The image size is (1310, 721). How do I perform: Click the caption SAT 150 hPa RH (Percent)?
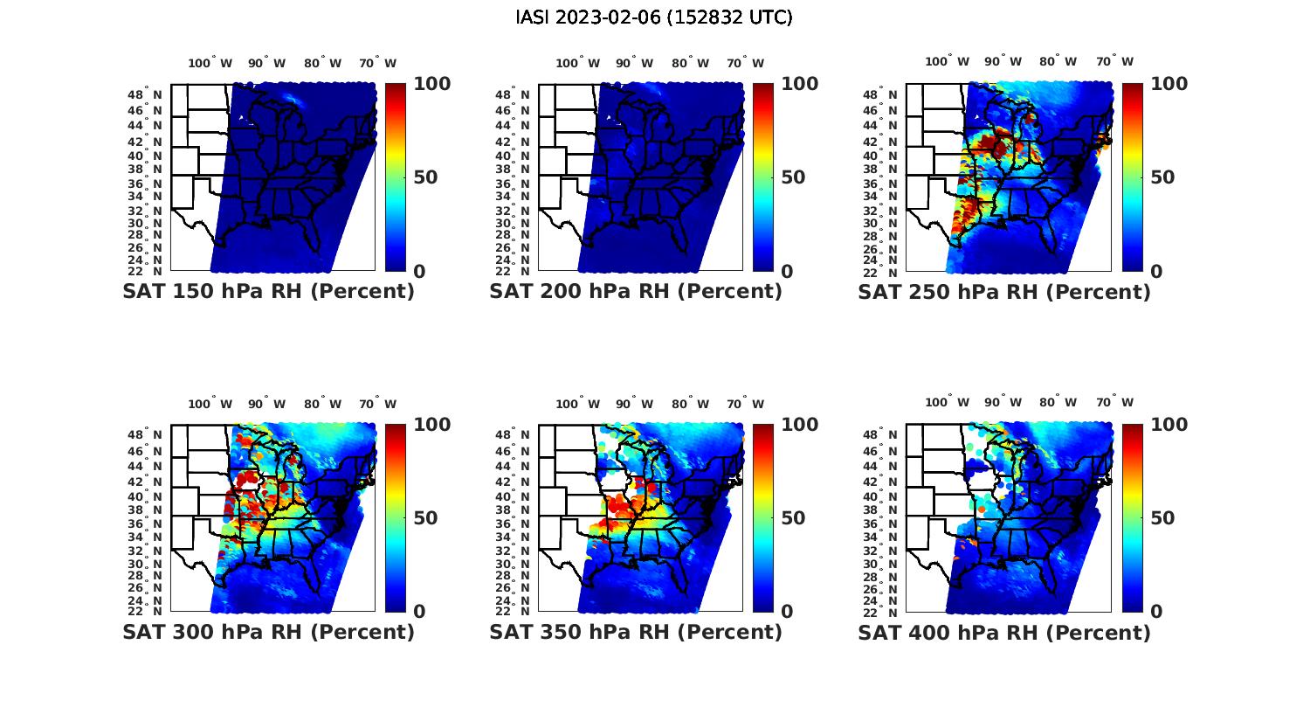click(269, 292)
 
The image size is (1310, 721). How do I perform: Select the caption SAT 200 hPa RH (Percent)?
click(636, 292)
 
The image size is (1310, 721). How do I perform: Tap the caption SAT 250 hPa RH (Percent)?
click(1004, 292)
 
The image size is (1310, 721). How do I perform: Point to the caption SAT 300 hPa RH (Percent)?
click(269, 632)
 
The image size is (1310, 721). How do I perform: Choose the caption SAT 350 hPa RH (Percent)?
click(636, 632)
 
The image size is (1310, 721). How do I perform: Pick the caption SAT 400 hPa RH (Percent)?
click(1004, 632)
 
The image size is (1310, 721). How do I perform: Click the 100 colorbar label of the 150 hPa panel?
click(431, 84)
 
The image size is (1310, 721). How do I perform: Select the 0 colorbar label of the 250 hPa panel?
click(1155, 272)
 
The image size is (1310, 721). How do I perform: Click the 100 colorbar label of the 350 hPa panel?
click(799, 425)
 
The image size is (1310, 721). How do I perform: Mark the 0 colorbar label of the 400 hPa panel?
click(1155, 612)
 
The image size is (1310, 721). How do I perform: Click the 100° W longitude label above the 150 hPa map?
click(210, 63)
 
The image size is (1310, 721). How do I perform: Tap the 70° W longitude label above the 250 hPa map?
click(1114, 61)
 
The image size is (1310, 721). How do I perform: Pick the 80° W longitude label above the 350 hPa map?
click(691, 404)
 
